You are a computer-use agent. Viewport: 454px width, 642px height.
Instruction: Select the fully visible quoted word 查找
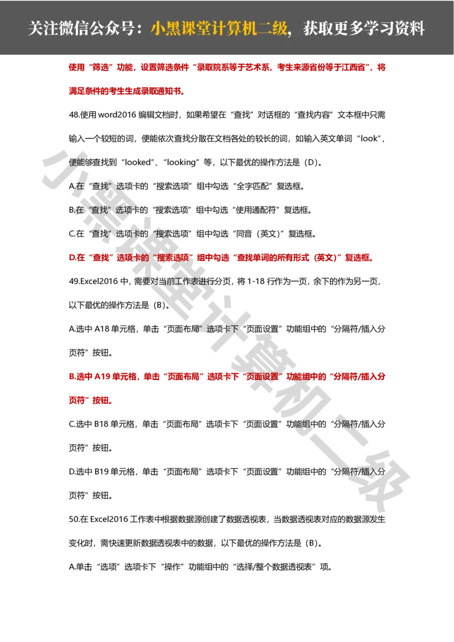click(x=99, y=210)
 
